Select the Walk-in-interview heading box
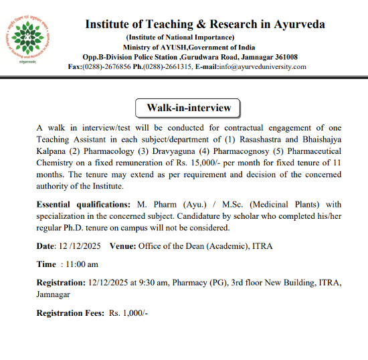[x=183, y=108]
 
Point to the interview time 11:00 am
[x=82, y=264]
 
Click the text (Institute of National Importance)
[x=180, y=37]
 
